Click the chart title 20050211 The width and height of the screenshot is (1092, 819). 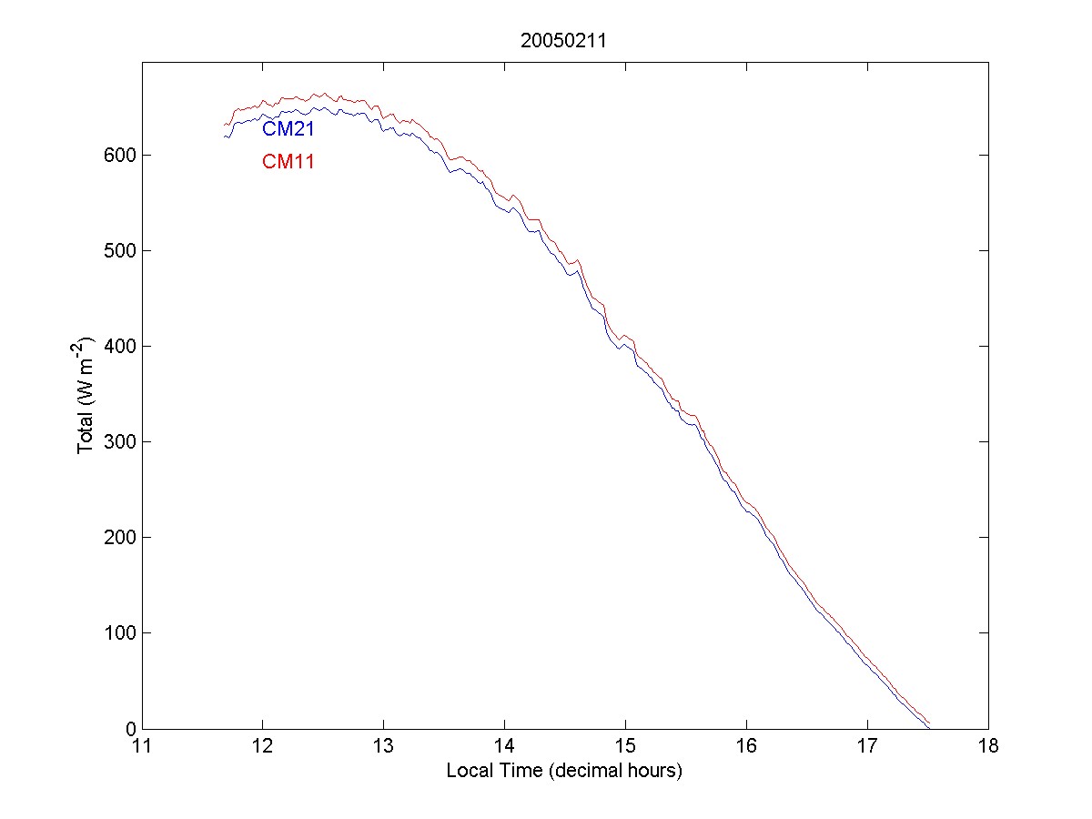tap(564, 40)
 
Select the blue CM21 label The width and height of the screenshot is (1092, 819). tap(288, 129)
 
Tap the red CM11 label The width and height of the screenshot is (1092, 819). tap(288, 163)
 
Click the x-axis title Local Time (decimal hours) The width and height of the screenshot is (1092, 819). tap(564, 771)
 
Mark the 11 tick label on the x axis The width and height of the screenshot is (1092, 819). tap(143, 747)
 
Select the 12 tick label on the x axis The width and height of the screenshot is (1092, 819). tap(263, 747)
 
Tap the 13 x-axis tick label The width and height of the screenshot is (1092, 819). tap(384, 747)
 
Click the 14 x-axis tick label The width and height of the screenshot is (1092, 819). tap(505, 747)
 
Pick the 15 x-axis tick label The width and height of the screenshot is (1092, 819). tap(625, 747)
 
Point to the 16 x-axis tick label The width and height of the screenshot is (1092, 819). tap(746, 747)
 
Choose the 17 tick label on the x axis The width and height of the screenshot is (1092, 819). tap(867, 747)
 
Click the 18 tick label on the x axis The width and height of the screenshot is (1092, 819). tap(987, 747)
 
